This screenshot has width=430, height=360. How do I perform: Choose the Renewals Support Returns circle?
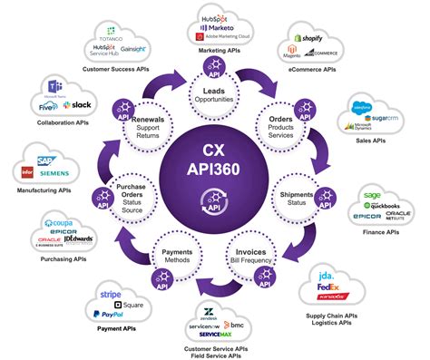pos(153,132)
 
